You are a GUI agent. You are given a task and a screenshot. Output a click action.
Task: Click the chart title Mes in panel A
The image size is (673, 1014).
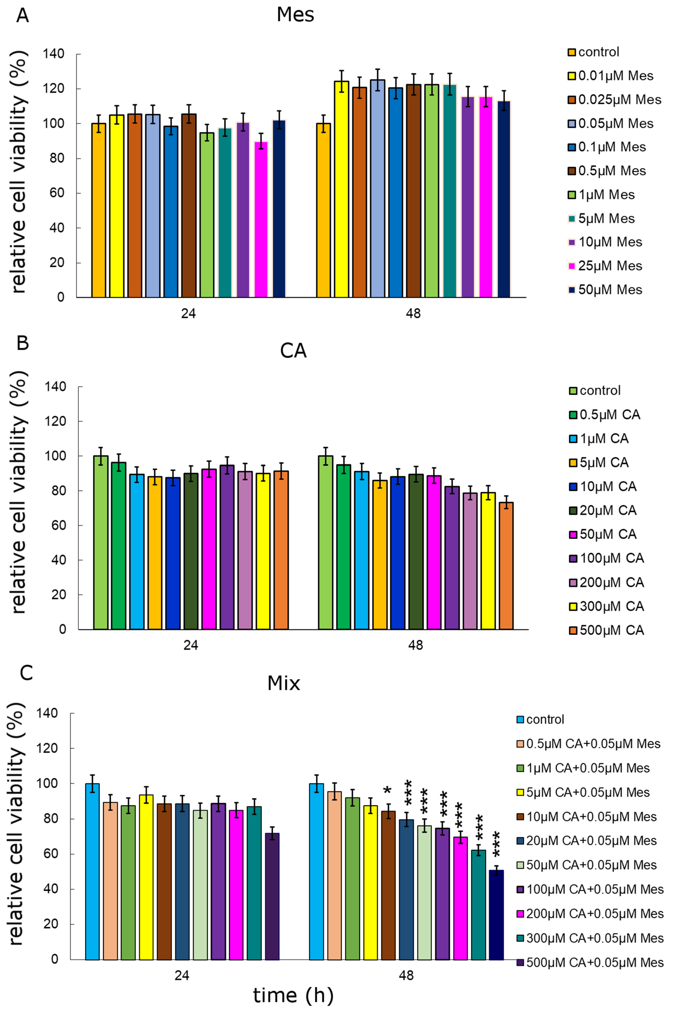coord(295,15)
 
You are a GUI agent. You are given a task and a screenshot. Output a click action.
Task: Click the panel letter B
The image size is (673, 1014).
coord(22,343)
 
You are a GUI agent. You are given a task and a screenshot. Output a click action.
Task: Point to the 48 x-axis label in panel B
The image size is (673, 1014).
coord(416,645)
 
